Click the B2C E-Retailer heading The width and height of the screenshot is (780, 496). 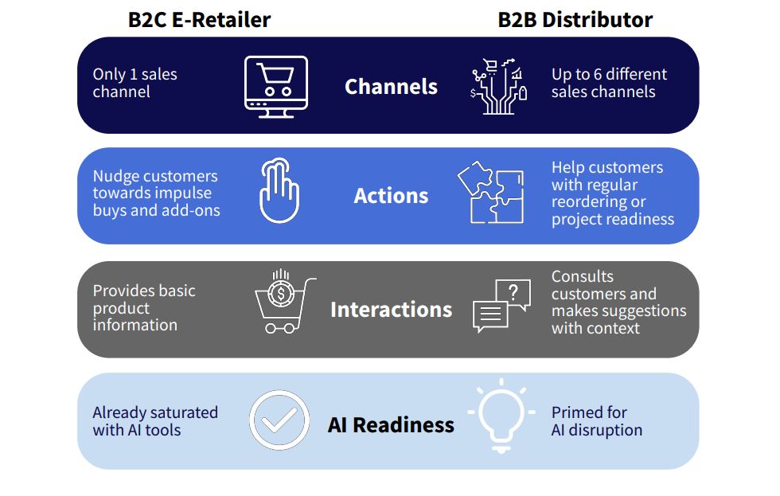[x=199, y=20]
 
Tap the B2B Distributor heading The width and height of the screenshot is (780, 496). [x=575, y=20]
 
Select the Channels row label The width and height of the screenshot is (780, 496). [x=391, y=87]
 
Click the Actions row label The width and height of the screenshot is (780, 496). [x=391, y=196]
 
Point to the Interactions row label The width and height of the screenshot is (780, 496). [x=391, y=310]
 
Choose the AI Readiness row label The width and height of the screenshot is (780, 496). [x=391, y=425]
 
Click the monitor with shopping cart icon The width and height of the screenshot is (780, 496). [x=276, y=87]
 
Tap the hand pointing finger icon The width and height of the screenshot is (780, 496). [x=279, y=190]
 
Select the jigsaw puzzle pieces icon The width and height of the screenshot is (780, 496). [x=490, y=192]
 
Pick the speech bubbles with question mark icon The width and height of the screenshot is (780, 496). [x=501, y=306]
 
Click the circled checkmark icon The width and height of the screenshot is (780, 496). [x=279, y=420]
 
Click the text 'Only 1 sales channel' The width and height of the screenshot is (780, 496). [x=135, y=83]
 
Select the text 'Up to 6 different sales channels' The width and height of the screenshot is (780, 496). [x=609, y=83]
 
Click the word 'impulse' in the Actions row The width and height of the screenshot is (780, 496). [x=182, y=193]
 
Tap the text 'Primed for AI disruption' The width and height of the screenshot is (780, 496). [x=596, y=421]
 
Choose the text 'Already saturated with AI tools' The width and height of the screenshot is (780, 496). [x=155, y=421]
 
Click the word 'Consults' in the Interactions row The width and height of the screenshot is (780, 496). [x=582, y=276]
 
